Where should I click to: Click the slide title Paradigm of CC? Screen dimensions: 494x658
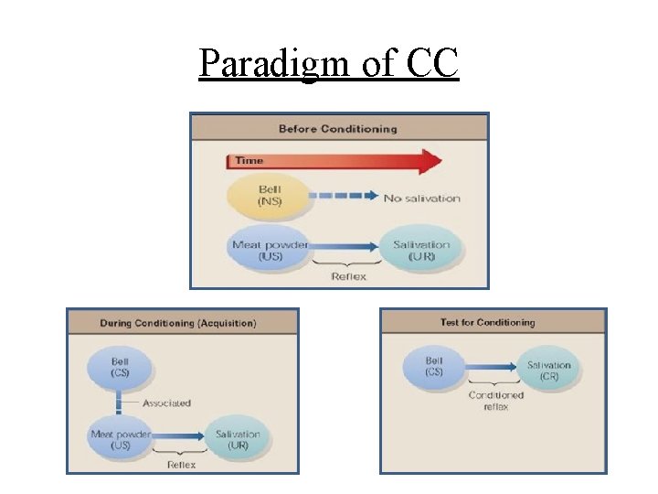(x=328, y=63)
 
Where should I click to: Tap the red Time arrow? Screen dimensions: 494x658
(x=334, y=162)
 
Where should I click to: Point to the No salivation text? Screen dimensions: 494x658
(x=421, y=199)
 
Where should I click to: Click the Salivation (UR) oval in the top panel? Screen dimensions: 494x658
(x=420, y=250)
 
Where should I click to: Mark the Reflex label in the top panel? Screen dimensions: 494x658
(x=349, y=276)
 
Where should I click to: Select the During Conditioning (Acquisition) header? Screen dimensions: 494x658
(x=178, y=323)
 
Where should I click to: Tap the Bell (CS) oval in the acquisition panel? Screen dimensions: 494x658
(x=119, y=368)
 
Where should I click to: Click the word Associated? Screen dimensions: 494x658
(x=166, y=403)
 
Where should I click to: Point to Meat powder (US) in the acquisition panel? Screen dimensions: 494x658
(x=121, y=438)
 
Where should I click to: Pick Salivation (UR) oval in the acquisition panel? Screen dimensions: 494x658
(x=237, y=438)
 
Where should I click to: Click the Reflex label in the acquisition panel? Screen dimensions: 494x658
(x=180, y=464)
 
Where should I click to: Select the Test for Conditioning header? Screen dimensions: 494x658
(x=487, y=322)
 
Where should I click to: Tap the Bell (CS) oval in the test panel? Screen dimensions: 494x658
(x=434, y=367)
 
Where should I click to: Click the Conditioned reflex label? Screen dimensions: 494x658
(x=495, y=401)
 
